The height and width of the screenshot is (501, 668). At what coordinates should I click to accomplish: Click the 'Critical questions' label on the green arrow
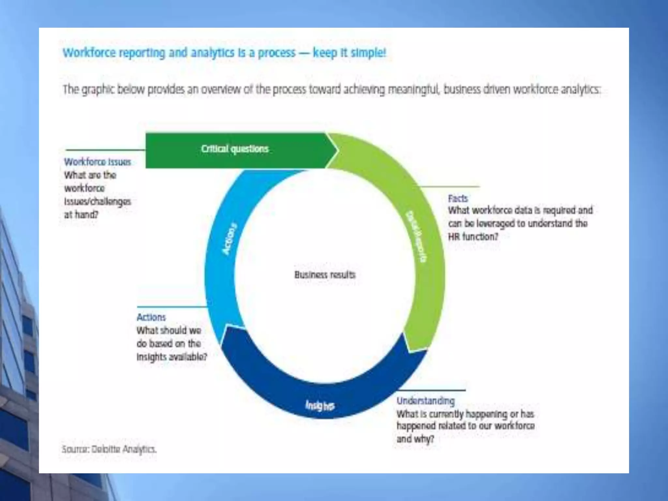235,149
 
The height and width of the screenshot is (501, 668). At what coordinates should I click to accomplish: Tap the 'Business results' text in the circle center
325,275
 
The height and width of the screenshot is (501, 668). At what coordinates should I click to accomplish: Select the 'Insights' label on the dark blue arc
320,405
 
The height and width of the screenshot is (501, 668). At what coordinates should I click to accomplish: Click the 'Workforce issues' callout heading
98,162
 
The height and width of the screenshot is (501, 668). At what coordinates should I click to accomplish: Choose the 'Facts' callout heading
458,198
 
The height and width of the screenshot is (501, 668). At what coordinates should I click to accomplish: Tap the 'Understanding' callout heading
425,401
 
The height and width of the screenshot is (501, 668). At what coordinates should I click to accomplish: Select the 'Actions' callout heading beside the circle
151,317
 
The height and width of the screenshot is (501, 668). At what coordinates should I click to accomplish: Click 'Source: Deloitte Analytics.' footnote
109,449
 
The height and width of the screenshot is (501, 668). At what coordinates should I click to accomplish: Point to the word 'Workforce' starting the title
89,53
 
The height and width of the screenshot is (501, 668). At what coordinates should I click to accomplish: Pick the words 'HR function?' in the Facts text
473,236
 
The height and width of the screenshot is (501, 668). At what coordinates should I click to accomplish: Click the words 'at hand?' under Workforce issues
81,215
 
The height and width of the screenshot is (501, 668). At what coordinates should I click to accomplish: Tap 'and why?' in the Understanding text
415,439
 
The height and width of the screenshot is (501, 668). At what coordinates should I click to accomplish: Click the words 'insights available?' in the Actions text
172,357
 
